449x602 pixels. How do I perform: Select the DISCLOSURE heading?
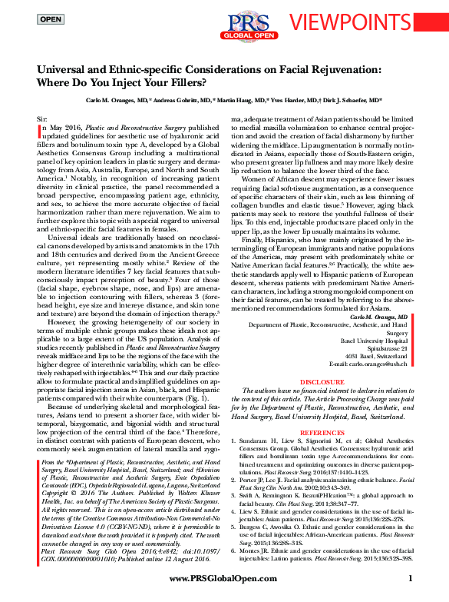tap(322, 381)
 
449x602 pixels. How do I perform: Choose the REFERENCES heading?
tap(322, 434)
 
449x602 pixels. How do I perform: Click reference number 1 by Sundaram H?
tap(235, 444)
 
